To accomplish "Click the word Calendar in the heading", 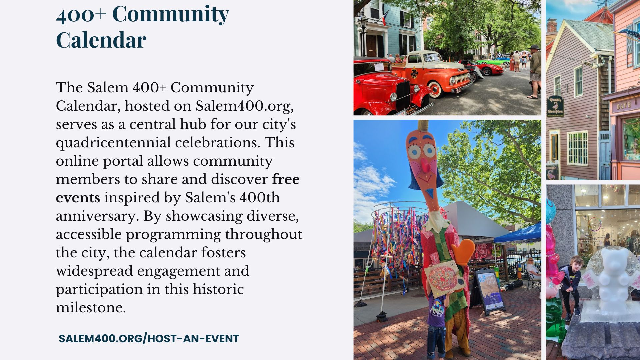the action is [x=101, y=40].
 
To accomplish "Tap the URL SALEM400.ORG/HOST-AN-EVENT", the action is [x=149, y=339].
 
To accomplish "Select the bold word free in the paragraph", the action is [x=286, y=179].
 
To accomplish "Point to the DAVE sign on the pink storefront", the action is [x=623, y=106].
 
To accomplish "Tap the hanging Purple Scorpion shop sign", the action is [x=555, y=106].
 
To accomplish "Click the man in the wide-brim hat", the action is [x=534, y=71].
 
